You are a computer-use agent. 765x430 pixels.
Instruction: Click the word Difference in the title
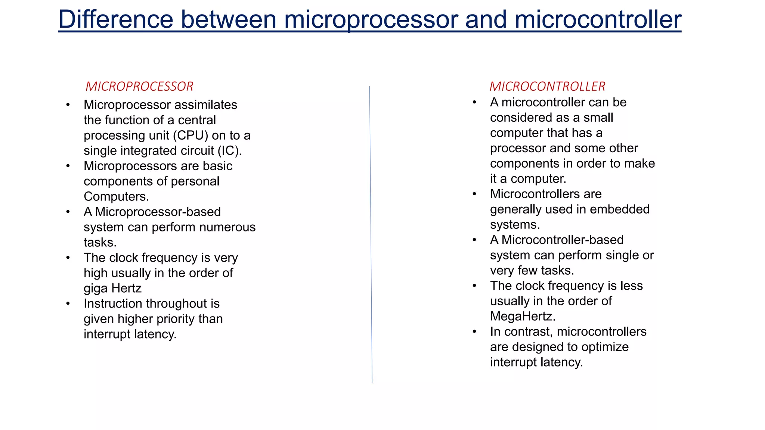coord(116,19)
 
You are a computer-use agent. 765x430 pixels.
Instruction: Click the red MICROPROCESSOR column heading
coord(139,87)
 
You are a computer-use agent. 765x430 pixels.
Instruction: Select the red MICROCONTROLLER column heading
coord(547,87)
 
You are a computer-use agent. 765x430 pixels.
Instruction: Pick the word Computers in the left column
coord(116,197)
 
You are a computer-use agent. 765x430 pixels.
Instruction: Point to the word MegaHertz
coord(522,317)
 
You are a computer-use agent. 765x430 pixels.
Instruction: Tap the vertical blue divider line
coord(371,235)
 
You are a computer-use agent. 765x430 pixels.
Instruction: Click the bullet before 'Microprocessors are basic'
coord(68,166)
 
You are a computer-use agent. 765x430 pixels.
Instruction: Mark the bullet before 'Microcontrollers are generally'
coord(474,194)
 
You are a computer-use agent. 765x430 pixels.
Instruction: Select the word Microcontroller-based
coord(562,240)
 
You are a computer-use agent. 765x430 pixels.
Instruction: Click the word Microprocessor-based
coord(158,212)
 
